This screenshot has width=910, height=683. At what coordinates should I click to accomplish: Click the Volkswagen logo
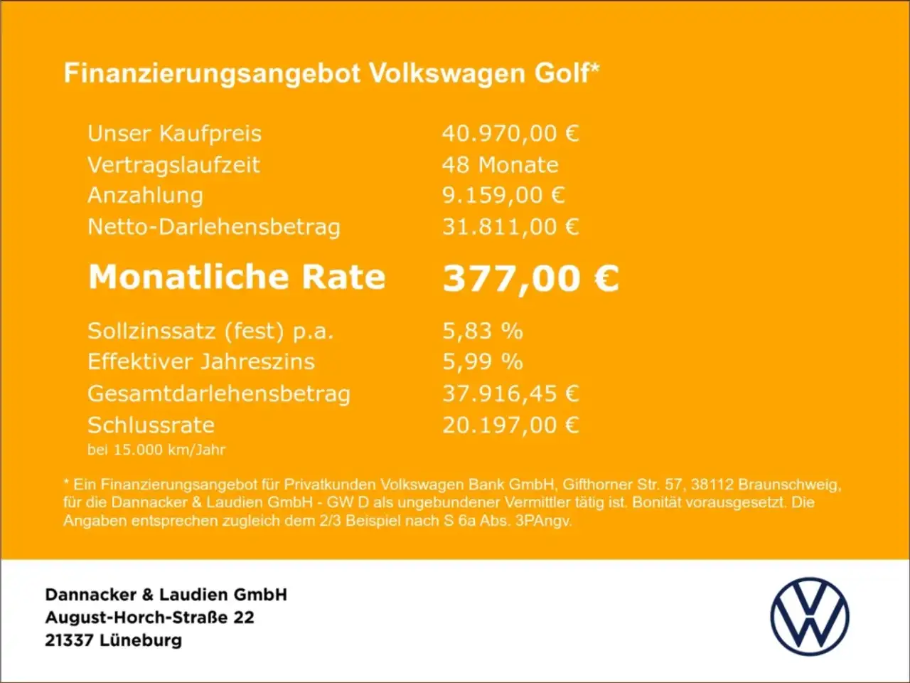click(x=810, y=616)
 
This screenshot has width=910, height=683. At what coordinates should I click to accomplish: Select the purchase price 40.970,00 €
click(x=510, y=133)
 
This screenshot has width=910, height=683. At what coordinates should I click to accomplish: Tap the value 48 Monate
click(x=500, y=164)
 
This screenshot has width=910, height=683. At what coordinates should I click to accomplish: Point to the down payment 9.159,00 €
click(x=503, y=195)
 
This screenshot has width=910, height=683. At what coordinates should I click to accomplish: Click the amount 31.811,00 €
click(x=510, y=227)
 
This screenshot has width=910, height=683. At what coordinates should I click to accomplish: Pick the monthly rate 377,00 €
click(x=530, y=277)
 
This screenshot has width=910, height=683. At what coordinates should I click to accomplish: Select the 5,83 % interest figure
click(x=482, y=331)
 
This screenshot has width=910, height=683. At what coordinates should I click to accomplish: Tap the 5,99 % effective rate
click(x=482, y=361)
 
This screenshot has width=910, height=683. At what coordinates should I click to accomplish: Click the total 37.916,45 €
click(x=510, y=393)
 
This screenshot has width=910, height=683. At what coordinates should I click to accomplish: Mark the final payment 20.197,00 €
click(x=510, y=425)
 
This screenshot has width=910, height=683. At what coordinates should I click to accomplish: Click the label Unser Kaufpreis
click(x=174, y=133)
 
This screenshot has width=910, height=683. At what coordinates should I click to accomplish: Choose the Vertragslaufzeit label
click(x=173, y=164)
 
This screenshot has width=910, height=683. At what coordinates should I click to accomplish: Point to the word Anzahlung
click(x=145, y=195)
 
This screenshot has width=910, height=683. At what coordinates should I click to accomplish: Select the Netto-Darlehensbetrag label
click(x=213, y=227)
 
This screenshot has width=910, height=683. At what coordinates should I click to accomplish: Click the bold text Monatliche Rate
click(x=237, y=277)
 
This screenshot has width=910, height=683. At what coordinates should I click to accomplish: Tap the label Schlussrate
click(x=151, y=425)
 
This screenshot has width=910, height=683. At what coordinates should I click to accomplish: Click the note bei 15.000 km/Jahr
click(x=156, y=450)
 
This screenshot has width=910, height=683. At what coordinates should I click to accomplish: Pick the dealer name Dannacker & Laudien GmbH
click(x=166, y=595)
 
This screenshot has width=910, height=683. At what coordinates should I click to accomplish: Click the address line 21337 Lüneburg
click(x=113, y=640)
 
